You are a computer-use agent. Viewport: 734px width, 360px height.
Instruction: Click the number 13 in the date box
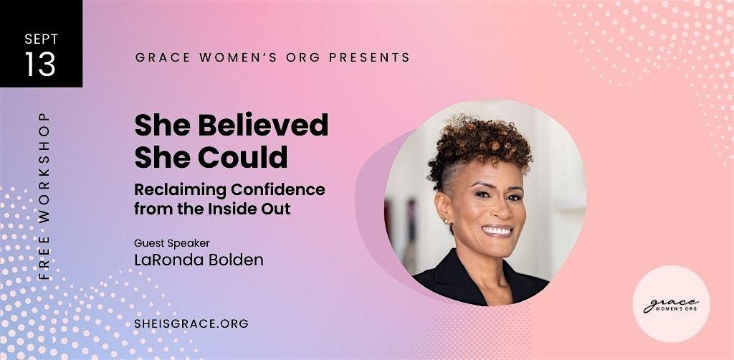[x=40, y=64]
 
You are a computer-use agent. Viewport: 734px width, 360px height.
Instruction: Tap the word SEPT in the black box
[x=41, y=39]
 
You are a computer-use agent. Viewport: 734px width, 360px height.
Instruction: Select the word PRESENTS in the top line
[x=369, y=57]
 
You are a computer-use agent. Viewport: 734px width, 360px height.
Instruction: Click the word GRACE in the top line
[x=163, y=57]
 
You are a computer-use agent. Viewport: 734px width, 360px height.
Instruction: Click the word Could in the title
[x=242, y=157]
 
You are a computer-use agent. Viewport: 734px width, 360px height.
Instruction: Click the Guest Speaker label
[x=172, y=243]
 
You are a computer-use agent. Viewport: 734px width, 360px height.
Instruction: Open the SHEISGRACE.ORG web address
[x=191, y=323]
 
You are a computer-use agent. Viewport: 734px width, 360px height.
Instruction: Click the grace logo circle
[x=671, y=304]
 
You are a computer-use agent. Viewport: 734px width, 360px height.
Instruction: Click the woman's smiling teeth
[x=497, y=230]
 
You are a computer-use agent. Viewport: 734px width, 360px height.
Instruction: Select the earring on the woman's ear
[x=444, y=221]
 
